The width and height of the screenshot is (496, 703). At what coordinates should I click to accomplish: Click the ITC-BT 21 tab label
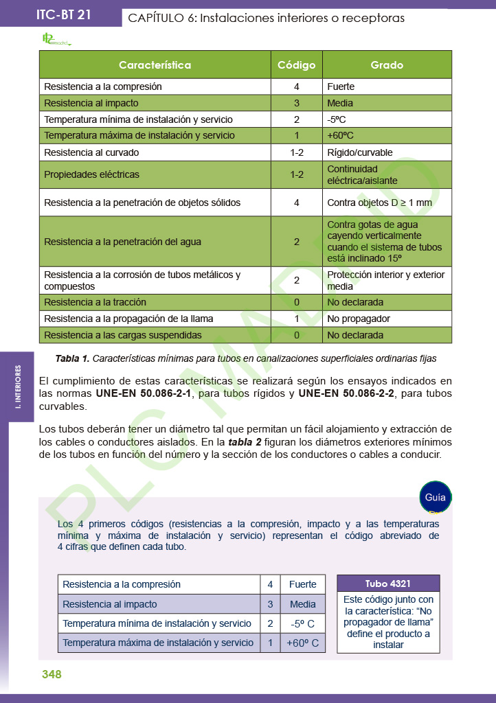click(x=63, y=15)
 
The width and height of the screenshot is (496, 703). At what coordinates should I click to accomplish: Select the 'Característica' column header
click(x=155, y=65)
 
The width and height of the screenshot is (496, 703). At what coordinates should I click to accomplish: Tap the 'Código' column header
click(x=296, y=65)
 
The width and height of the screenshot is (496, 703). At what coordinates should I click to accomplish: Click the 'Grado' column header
click(x=387, y=65)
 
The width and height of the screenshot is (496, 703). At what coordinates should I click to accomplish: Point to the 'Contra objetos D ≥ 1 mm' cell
click(x=380, y=203)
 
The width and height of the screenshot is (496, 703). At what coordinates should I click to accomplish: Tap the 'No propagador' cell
click(x=359, y=319)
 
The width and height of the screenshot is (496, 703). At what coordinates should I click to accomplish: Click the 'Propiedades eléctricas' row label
click(x=91, y=174)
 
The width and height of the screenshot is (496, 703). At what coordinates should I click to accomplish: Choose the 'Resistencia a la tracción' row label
click(x=95, y=302)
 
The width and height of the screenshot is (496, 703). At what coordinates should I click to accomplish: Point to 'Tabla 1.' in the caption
click(x=72, y=358)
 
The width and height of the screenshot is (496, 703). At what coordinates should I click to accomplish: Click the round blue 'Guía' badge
click(x=435, y=497)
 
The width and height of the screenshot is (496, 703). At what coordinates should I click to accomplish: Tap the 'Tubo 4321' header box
click(x=388, y=584)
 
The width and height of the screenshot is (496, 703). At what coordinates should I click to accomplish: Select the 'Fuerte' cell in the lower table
click(x=303, y=584)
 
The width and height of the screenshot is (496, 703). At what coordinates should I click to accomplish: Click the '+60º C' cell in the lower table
click(x=303, y=643)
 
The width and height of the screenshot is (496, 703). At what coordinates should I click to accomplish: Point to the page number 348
click(x=52, y=675)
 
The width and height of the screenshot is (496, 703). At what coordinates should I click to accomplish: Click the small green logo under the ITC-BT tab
click(x=56, y=41)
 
